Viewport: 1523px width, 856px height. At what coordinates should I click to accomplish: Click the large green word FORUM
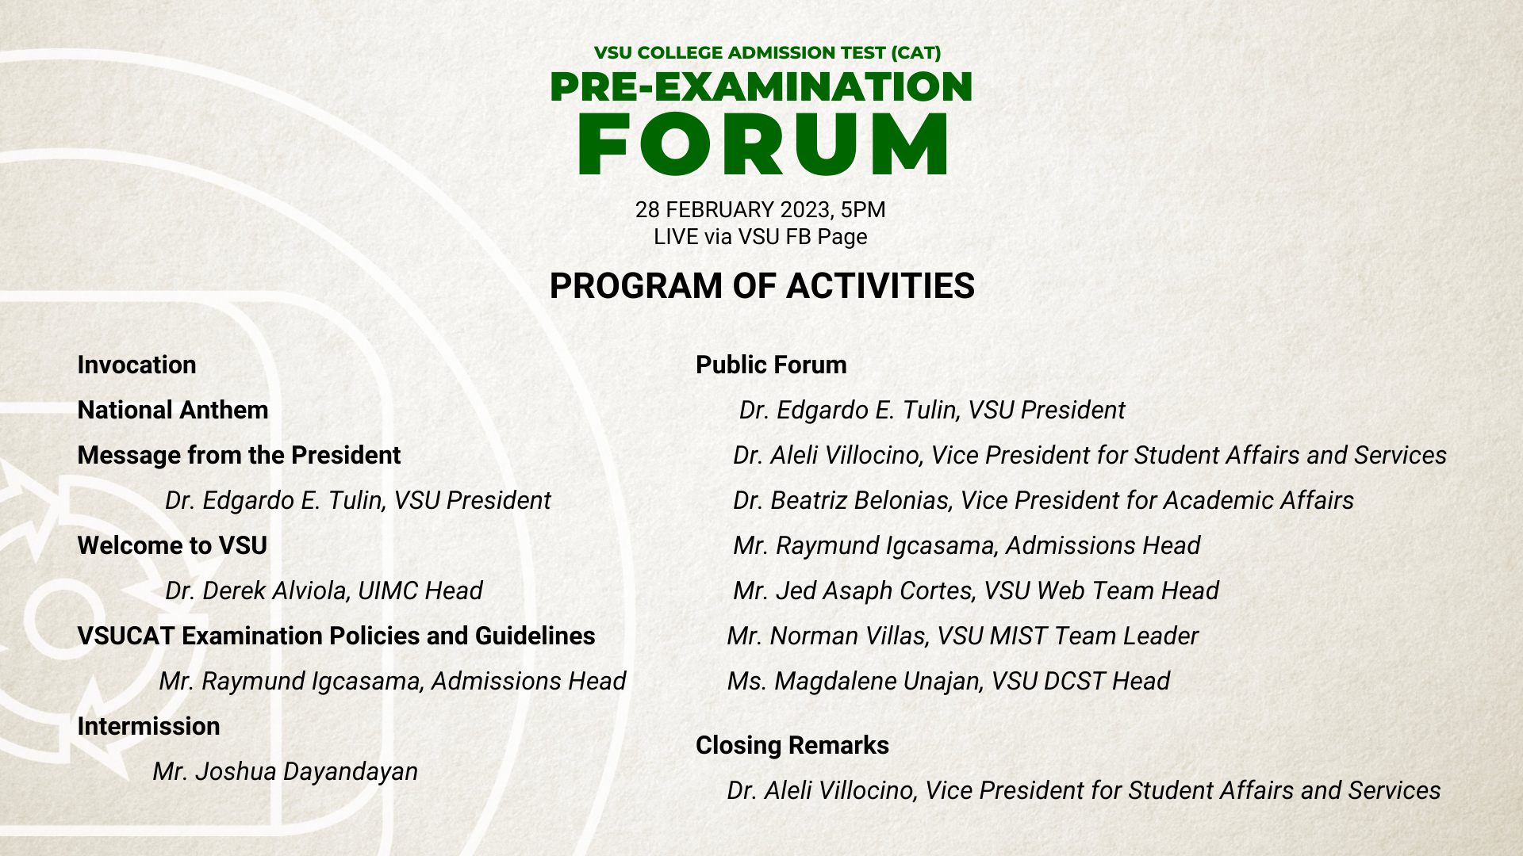762,144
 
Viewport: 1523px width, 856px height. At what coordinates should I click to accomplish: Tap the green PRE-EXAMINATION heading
761,86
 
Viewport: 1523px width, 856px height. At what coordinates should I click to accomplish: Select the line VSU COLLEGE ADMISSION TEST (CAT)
767,53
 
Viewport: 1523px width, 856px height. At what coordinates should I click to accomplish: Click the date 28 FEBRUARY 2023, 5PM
760,210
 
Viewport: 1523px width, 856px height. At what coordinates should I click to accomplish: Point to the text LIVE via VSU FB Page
760,237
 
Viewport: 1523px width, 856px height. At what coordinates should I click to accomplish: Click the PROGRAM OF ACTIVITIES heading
761,286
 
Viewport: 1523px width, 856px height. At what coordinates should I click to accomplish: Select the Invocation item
136,365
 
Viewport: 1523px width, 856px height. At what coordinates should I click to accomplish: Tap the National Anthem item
173,411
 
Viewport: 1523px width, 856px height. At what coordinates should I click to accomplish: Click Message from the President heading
239,456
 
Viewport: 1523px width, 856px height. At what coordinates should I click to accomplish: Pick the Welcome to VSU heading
172,546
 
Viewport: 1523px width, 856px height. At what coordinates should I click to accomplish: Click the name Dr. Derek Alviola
257,591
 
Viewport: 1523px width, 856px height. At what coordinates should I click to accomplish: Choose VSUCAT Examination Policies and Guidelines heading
336,636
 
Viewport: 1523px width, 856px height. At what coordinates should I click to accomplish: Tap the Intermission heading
148,727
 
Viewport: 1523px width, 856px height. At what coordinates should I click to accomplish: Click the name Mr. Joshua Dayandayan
285,772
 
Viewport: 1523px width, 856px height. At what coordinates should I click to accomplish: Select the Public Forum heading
771,365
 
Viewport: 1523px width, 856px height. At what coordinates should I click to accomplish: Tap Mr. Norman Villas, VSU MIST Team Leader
962,636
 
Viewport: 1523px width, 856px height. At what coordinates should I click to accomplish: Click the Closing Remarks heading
792,746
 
